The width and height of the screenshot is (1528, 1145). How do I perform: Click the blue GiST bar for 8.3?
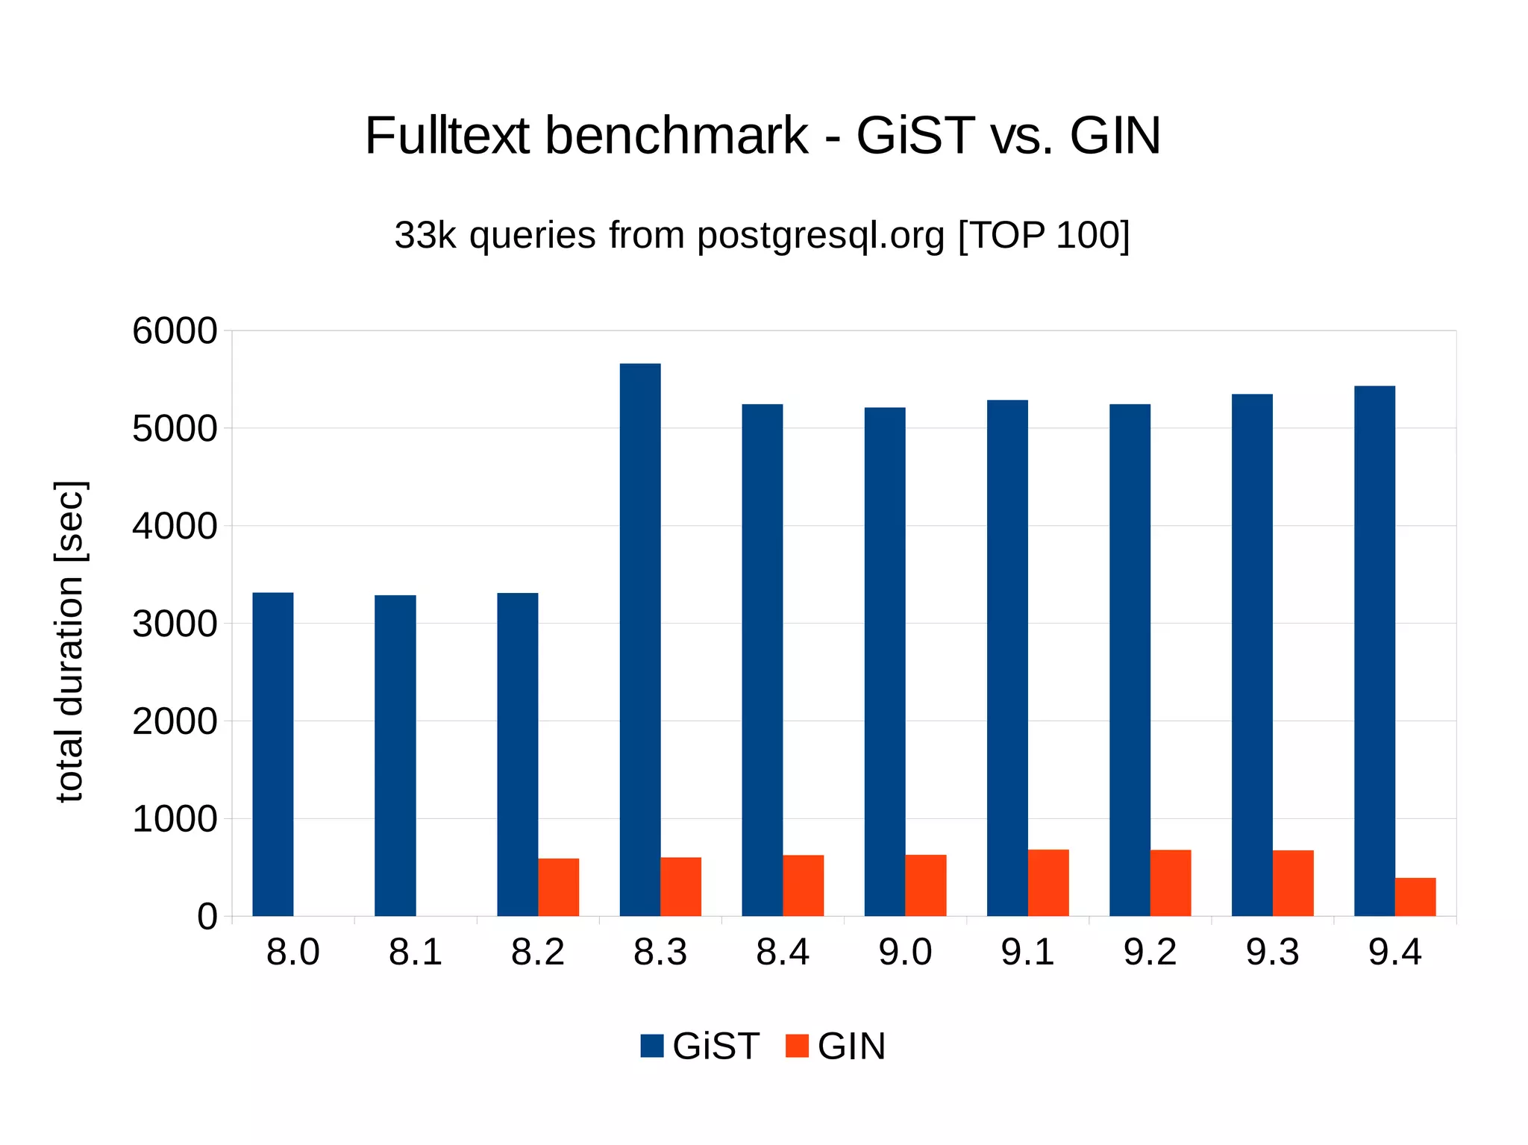pyautogui.click(x=639, y=639)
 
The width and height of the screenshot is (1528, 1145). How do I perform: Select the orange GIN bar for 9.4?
pyautogui.click(x=1415, y=897)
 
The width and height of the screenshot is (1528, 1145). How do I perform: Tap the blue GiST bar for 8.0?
pyautogui.click(x=272, y=753)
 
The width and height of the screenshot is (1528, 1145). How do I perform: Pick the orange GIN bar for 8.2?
pyautogui.click(x=558, y=887)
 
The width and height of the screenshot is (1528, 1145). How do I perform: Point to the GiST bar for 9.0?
pyautogui.click(x=884, y=661)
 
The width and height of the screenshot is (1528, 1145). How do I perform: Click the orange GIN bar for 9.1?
pyautogui.click(x=1048, y=882)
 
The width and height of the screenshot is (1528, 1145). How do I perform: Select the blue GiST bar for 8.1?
pyautogui.click(x=395, y=755)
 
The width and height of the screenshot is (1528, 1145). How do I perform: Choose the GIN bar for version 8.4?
pyautogui.click(x=803, y=885)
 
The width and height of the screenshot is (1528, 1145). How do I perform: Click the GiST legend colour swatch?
pyautogui.click(x=651, y=1046)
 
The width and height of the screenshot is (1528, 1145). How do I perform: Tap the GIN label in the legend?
pyautogui.click(x=851, y=1046)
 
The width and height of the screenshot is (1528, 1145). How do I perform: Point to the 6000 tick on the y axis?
pyautogui.click(x=175, y=331)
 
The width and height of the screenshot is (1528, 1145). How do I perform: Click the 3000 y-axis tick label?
pyautogui.click(x=175, y=624)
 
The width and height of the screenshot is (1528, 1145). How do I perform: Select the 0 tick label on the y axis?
pyautogui.click(x=207, y=916)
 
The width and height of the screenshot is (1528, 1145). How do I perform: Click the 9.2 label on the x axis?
pyautogui.click(x=1150, y=953)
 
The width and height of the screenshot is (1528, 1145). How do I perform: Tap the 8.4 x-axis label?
pyautogui.click(x=783, y=953)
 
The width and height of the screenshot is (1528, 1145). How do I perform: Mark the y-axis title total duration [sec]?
pyautogui.click(x=70, y=641)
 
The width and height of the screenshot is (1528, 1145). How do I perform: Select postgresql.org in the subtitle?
pyautogui.click(x=821, y=235)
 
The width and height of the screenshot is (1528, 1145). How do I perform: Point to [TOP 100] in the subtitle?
pyautogui.click(x=1043, y=235)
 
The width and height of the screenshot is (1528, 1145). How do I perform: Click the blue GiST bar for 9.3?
pyautogui.click(x=1251, y=654)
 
